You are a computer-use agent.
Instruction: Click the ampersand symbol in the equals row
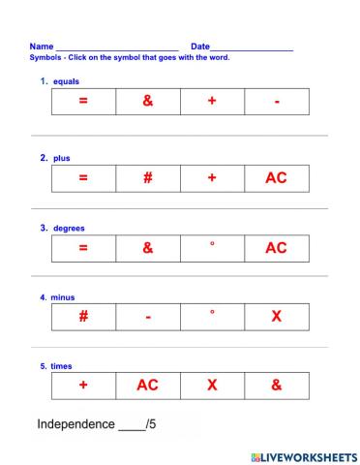147,102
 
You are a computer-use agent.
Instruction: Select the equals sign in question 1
82,102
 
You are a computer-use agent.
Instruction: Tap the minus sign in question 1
277,103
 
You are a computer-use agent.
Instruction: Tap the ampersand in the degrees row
147,247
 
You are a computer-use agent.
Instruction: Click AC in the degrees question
277,247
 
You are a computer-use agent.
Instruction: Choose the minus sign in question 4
147,317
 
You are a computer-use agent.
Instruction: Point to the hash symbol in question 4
83,316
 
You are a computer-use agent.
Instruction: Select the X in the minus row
277,316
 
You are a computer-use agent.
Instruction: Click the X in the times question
212,385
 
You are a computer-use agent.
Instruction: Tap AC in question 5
147,385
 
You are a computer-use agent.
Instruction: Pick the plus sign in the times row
83,385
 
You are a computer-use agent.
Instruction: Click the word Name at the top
42,46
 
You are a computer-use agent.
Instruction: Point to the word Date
200,46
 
